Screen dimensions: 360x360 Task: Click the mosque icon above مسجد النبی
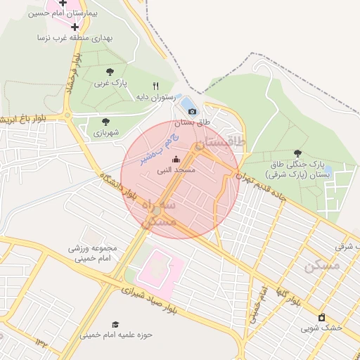(176, 160)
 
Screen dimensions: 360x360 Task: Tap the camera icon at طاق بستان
(192, 111)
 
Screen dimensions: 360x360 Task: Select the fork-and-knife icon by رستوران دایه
(166, 86)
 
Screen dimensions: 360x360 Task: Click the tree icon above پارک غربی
(110, 71)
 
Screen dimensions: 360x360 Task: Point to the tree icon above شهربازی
(105, 122)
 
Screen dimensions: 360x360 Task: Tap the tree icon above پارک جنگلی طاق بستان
(298, 153)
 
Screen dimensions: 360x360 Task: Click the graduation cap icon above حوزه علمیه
(115, 324)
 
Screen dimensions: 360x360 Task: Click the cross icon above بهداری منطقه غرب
(75, 27)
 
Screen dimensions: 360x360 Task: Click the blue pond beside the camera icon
(188, 105)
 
